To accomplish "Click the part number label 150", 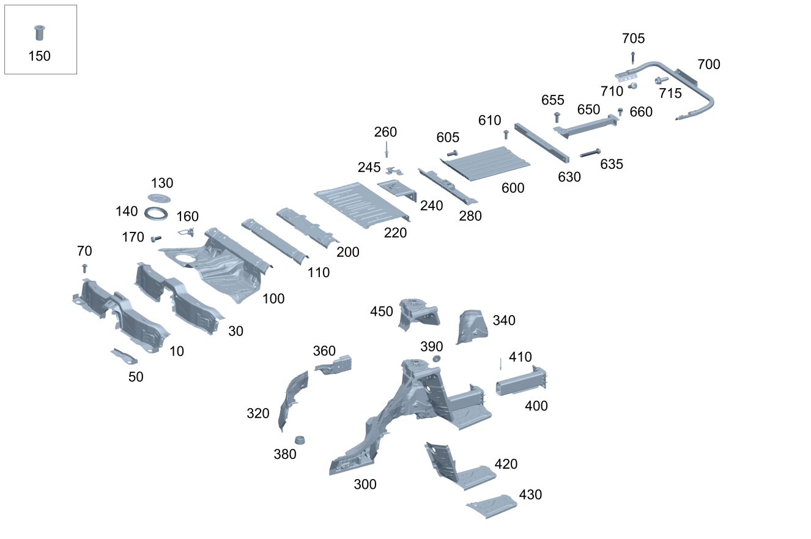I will coord(39,56).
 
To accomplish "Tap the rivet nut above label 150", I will coord(40,32).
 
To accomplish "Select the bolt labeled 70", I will coord(84,268).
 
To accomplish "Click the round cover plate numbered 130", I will coord(160,198).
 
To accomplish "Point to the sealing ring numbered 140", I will coord(156,214).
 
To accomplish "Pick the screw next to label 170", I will coord(156,238).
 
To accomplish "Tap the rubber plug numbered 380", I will coord(300,440).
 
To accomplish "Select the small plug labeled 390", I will coord(437,358).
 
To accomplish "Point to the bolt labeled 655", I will coord(557,116).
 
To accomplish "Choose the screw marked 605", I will coord(453,153).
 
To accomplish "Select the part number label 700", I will coord(708,64).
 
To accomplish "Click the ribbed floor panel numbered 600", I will coord(485,163).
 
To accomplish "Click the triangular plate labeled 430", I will coord(493,506).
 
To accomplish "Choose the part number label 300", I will coord(365,485).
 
